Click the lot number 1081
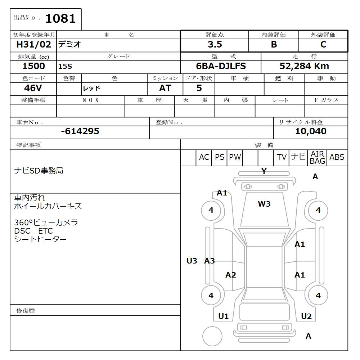[x=60, y=19]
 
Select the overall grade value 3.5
[x=215, y=45]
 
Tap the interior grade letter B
[x=274, y=45]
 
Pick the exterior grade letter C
[x=323, y=45]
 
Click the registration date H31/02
[x=34, y=45]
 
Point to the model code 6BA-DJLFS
[x=221, y=66]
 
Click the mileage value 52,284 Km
[x=304, y=66]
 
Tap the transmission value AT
[x=165, y=88]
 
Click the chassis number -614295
[x=80, y=131]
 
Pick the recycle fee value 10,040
[x=311, y=131]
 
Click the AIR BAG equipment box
[x=317, y=158]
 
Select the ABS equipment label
[x=337, y=157]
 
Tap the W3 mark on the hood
[x=264, y=204]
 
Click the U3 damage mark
[x=192, y=261]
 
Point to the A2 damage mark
[x=231, y=275]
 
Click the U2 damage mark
[x=306, y=316]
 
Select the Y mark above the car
[x=264, y=171]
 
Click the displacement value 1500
[x=34, y=66]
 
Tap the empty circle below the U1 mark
[x=212, y=336]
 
